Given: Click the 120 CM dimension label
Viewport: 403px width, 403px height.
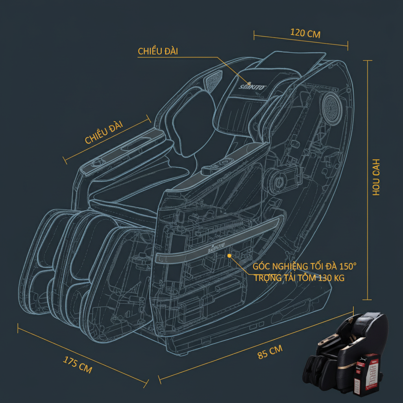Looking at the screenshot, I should pos(305,33).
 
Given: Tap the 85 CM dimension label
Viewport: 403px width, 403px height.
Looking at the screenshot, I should pos(270,351).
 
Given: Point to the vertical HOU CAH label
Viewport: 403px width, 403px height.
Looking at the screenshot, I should pos(376,177).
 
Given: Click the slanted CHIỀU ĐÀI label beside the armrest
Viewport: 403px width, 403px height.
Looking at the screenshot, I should pos(104,133).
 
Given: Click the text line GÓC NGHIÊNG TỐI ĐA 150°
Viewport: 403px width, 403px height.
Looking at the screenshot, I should pos(305,266).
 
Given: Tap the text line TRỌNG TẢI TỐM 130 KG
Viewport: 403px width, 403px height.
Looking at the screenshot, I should pos(299,278).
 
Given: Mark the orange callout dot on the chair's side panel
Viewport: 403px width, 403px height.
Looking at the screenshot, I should pos(229,256).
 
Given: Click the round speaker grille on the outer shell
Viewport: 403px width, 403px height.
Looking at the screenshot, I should pos(333,106).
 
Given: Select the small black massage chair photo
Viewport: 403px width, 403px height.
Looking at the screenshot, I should pos(346,354).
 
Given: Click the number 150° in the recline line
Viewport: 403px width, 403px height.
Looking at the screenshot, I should pos(348,266).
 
